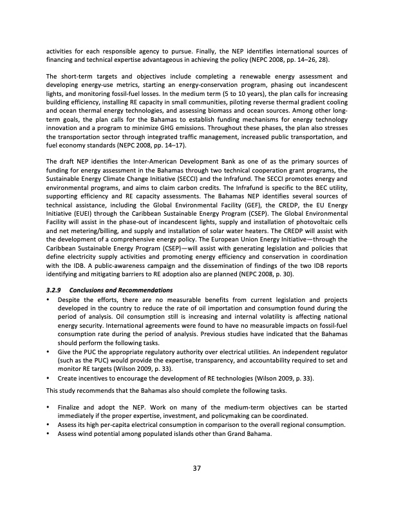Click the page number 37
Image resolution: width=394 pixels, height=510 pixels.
[x=197, y=467]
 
